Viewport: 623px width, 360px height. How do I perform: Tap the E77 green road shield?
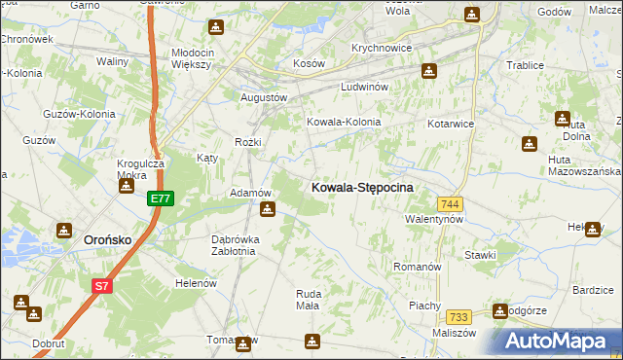tap(161, 198)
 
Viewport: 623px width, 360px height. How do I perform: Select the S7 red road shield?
tap(102, 286)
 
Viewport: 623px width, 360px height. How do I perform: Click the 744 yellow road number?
tap(450, 203)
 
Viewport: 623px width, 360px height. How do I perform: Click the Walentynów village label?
tap(434, 220)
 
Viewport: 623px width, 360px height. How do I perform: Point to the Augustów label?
tap(264, 97)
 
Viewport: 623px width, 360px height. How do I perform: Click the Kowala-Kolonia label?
tap(344, 123)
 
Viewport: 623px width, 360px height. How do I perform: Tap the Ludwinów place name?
tap(365, 87)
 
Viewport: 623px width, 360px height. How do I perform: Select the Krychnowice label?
tap(383, 48)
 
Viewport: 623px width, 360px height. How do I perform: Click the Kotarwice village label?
tap(451, 125)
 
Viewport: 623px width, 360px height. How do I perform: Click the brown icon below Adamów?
tap(267, 208)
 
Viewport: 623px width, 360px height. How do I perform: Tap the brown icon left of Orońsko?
tap(64, 231)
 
